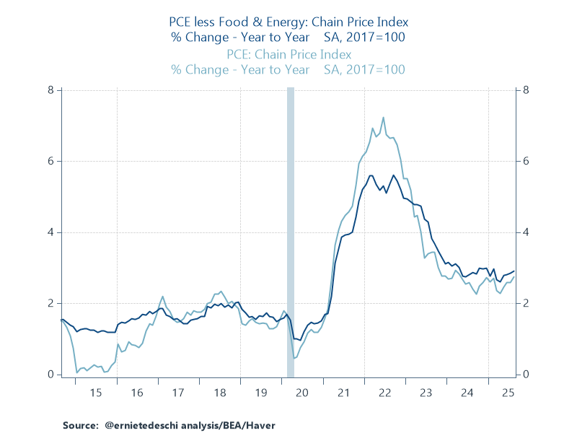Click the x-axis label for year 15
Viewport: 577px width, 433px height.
coord(95,393)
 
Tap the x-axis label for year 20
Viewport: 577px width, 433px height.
coord(302,393)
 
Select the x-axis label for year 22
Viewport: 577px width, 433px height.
coord(384,393)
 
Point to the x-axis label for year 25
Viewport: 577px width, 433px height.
coord(509,393)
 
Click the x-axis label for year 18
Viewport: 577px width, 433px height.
coord(219,393)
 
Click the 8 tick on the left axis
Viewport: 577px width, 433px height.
coord(51,90)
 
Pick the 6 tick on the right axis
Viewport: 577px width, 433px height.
coord(527,161)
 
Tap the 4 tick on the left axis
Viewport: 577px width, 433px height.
coord(51,232)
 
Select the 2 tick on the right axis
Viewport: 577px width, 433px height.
coord(527,303)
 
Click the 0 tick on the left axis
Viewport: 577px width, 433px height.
coord(51,375)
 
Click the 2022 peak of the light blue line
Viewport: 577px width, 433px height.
coord(383,118)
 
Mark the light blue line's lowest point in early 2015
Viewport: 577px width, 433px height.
coord(77,372)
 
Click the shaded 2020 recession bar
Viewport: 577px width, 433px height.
coord(291,231)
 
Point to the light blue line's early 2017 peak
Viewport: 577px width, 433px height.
coord(163,297)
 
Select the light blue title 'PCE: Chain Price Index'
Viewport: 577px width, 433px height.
coord(288,54)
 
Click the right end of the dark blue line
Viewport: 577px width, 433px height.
coord(514,271)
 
